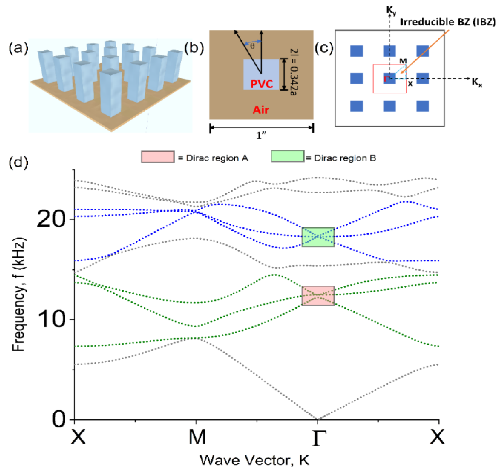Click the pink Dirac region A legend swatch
(158, 157)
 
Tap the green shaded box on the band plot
(318, 237)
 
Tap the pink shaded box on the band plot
(318, 296)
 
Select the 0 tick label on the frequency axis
(59, 419)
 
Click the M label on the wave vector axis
(197, 437)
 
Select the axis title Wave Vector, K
(255, 460)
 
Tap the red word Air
(261, 110)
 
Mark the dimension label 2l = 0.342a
(294, 72)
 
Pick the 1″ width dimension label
(261, 136)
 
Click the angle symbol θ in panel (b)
(252, 46)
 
